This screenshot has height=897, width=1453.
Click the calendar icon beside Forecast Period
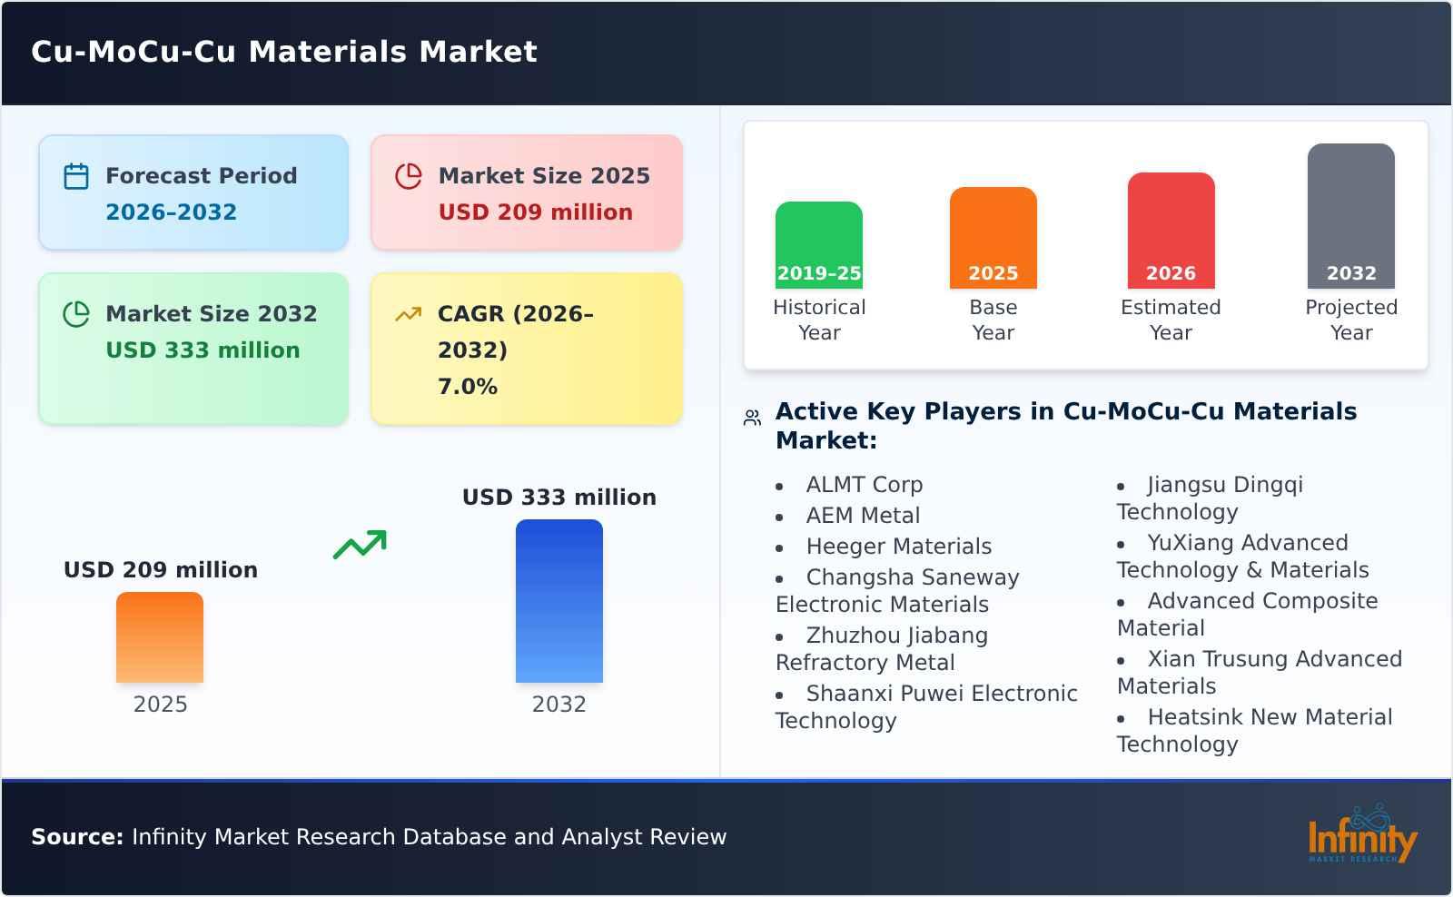76,176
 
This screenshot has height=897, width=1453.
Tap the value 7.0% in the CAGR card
467,387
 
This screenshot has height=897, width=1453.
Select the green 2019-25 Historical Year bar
818,245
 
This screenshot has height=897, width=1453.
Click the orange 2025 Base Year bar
993,238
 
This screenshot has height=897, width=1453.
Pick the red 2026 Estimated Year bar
1171,231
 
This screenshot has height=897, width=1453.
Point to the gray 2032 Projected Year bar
1350,216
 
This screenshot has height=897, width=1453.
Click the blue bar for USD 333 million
558,601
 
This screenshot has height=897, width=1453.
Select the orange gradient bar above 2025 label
160,637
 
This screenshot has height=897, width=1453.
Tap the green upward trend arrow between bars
360,545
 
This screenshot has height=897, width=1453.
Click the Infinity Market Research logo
1361,836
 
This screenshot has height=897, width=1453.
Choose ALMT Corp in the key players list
864,485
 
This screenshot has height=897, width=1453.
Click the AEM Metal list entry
863,516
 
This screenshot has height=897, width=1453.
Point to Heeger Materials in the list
898,547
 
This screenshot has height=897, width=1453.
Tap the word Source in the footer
76,837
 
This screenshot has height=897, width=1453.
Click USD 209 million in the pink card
535,212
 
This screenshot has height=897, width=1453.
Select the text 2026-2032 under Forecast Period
171,212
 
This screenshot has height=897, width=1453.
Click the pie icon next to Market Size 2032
76,314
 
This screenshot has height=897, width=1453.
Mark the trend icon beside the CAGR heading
408,314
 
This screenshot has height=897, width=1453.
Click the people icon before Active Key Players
752,418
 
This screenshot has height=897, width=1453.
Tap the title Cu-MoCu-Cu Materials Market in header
284,52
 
